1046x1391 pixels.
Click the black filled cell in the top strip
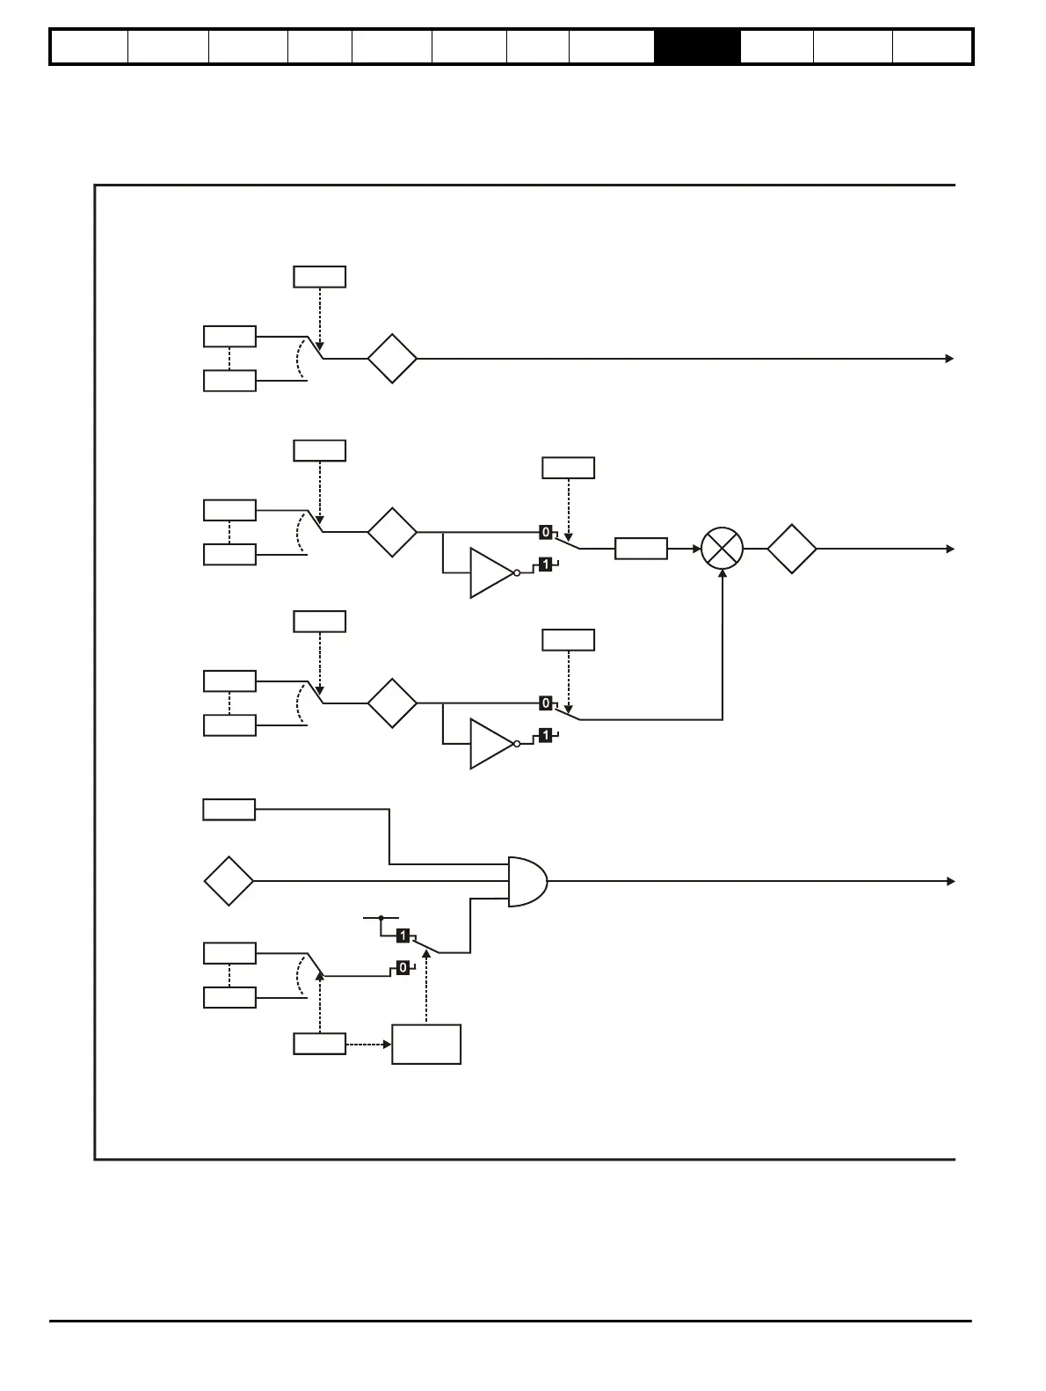point(697,47)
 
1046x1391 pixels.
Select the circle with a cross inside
point(722,549)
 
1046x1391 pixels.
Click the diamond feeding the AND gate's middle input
point(229,881)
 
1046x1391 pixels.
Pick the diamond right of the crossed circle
point(792,549)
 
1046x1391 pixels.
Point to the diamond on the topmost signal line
point(392,359)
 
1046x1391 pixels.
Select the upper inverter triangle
point(490,573)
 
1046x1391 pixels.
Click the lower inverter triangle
point(490,744)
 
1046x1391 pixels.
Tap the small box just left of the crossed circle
point(641,549)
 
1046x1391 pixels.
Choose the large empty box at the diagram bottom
point(426,1045)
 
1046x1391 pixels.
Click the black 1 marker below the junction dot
point(403,936)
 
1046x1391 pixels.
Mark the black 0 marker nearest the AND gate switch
point(403,967)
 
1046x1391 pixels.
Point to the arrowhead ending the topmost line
point(949,359)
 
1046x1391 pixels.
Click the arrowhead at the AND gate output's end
point(949,881)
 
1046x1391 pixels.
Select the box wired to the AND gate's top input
point(229,809)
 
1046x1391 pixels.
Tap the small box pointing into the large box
point(319,1045)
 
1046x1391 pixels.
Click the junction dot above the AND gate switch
point(381,918)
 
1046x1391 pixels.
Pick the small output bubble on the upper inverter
point(517,573)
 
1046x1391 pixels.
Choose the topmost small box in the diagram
point(319,277)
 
